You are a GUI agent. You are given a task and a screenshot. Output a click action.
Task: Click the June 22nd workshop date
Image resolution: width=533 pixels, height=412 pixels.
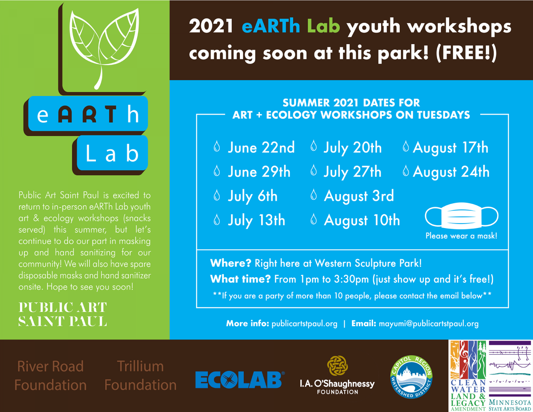[x=261, y=148]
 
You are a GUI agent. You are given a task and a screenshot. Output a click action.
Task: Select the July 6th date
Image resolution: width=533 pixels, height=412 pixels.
[x=252, y=196]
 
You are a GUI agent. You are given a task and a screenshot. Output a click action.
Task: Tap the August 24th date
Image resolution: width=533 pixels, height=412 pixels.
[x=451, y=172]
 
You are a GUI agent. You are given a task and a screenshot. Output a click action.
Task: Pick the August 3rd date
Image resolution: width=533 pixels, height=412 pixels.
[x=358, y=196]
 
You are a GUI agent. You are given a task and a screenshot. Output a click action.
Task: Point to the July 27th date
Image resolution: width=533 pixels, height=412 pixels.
[x=352, y=172]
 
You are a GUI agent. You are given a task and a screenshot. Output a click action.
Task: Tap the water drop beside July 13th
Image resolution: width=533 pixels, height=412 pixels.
[x=217, y=220]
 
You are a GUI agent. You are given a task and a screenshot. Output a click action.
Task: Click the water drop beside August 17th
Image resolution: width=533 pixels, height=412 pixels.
[x=406, y=148]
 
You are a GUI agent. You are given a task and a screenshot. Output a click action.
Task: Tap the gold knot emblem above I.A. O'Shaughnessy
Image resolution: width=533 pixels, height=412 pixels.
[x=337, y=365]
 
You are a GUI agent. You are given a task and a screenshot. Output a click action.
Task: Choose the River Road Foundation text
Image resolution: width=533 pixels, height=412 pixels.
[x=50, y=376]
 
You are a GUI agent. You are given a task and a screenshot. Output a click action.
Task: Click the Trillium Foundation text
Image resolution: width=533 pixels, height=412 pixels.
[x=140, y=376]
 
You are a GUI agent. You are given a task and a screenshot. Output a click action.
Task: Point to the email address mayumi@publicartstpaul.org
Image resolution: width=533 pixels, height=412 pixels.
[x=428, y=324]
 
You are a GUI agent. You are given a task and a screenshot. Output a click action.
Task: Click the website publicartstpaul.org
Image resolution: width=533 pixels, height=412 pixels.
[x=304, y=324]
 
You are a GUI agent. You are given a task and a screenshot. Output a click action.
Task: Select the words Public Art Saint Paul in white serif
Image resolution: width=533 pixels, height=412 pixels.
[x=63, y=314]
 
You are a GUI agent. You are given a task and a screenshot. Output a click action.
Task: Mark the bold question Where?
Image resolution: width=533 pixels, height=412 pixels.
[x=231, y=263]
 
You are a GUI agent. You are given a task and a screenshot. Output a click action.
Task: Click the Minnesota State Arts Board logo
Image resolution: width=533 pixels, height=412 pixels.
[x=510, y=376]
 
